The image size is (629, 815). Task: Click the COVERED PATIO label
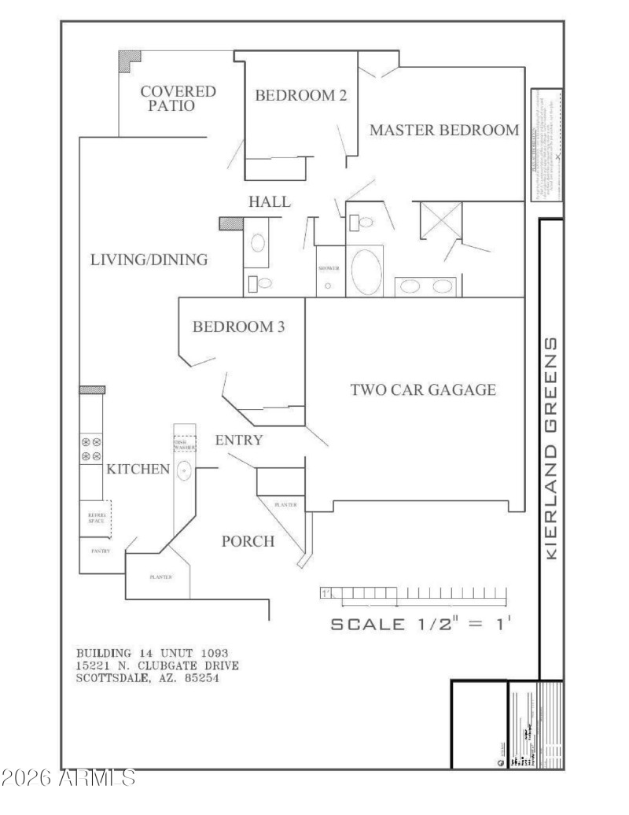[178, 99]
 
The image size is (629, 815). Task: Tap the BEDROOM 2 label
[301, 96]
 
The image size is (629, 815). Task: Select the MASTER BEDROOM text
[444, 131]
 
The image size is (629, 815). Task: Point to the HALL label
[270, 202]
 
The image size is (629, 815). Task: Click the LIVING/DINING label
[148, 260]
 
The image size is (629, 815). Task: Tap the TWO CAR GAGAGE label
[422, 389]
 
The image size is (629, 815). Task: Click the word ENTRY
[239, 440]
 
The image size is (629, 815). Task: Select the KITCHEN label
[138, 470]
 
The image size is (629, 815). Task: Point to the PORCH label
[248, 541]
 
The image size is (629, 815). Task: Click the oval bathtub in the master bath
[365, 271]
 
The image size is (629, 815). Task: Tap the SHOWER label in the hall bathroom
[329, 268]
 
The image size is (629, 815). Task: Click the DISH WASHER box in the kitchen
[184, 443]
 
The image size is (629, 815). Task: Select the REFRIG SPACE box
[96, 517]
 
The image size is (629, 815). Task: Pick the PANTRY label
[101, 551]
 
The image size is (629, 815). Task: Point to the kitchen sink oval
[183, 471]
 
